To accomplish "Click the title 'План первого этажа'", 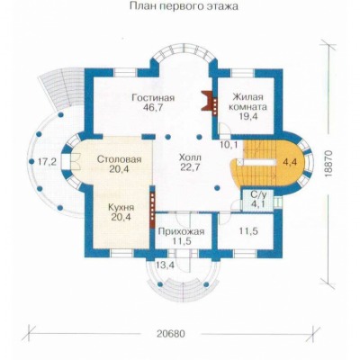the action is [x=184, y=6].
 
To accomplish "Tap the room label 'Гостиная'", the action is [x=153, y=98].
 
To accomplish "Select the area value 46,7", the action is [x=153, y=108].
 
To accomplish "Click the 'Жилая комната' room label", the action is [x=247, y=102].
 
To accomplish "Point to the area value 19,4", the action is [x=248, y=116].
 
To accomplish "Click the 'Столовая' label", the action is [x=119, y=159].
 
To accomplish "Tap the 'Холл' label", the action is [x=190, y=157].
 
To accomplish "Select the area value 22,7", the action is [x=190, y=167].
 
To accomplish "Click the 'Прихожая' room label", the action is [x=181, y=231].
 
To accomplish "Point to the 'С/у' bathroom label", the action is [x=258, y=195].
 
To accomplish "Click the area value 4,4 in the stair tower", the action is [x=290, y=162].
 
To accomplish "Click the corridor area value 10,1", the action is [x=229, y=145].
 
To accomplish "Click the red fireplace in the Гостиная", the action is [x=207, y=101].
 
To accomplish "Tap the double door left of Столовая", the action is [x=75, y=162].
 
